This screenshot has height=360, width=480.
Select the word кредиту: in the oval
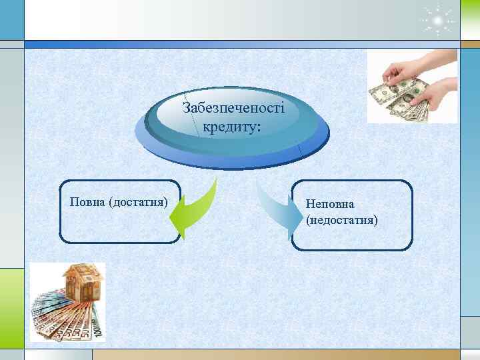point(232,125)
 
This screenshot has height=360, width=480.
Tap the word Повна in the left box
point(84,201)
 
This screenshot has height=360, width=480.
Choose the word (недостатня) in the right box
point(341,219)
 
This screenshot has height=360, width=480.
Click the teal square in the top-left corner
point(11,19)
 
